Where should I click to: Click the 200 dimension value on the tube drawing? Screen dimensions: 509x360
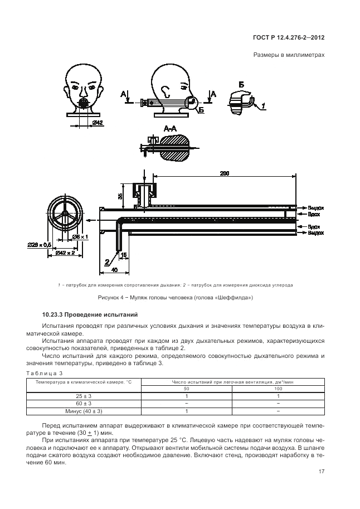pos(224,173)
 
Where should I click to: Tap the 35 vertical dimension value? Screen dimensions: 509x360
pos(120,196)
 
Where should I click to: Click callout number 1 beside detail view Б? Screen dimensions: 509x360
pos(262,105)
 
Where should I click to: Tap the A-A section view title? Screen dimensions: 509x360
pos(171,129)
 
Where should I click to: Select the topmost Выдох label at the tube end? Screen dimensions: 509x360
pos(315,207)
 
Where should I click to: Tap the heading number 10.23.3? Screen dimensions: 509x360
pos(56,316)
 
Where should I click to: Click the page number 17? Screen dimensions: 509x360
pos(322,472)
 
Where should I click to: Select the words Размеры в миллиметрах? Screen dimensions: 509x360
pos(289,55)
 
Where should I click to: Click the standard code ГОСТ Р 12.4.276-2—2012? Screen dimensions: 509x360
pos(286,38)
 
